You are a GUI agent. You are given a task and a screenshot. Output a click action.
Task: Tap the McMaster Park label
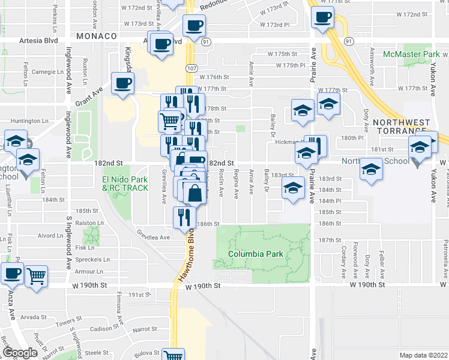click(x=411, y=54)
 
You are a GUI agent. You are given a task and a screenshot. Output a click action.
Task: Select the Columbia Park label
click(x=255, y=254)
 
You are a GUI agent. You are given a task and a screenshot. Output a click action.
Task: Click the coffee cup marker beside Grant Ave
click(x=122, y=83)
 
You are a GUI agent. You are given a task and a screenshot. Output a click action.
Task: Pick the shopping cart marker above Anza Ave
click(x=37, y=276)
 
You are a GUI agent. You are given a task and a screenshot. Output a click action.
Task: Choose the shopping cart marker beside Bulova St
click(x=173, y=355)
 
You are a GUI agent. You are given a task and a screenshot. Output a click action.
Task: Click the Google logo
click(x=20, y=353)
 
